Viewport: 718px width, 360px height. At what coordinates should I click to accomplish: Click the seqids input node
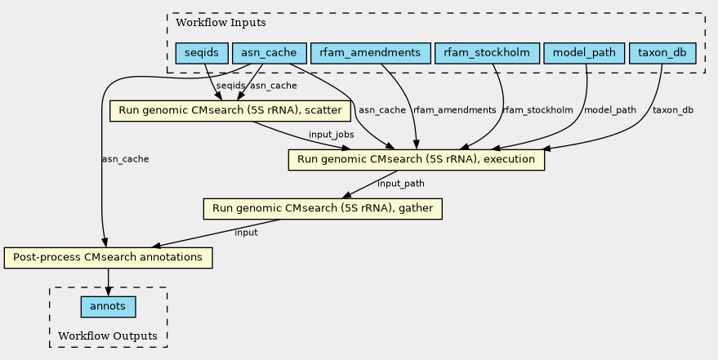pyautogui.click(x=201, y=53)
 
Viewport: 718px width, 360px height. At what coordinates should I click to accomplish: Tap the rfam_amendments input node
pyautogui.click(x=370, y=53)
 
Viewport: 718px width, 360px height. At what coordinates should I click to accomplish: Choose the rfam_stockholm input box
pyautogui.click(x=488, y=53)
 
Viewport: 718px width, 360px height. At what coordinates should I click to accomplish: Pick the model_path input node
pyautogui.click(x=584, y=53)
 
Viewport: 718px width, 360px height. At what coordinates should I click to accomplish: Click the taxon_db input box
pyautogui.click(x=662, y=53)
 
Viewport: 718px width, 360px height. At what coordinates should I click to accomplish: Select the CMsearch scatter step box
pyautogui.click(x=231, y=110)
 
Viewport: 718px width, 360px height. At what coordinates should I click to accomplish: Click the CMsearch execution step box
pyautogui.click(x=416, y=159)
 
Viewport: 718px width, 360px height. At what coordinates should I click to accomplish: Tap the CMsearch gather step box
pyautogui.click(x=323, y=208)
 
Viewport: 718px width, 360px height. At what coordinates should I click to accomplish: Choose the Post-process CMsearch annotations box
pyautogui.click(x=108, y=257)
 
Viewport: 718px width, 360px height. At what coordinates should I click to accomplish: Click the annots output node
pyautogui.click(x=108, y=307)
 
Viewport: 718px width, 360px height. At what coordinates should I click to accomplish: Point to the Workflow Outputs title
pyautogui.click(x=108, y=336)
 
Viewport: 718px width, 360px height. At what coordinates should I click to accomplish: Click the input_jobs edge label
pyautogui.click(x=331, y=134)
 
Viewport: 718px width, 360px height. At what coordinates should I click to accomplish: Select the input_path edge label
pyautogui.click(x=401, y=183)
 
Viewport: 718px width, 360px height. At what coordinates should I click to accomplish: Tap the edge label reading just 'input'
pyautogui.click(x=246, y=233)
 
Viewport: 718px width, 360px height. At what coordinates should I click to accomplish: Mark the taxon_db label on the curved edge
pyautogui.click(x=673, y=109)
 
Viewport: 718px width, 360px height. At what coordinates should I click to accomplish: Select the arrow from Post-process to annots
pyautogui.click(x=108, y=282)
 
